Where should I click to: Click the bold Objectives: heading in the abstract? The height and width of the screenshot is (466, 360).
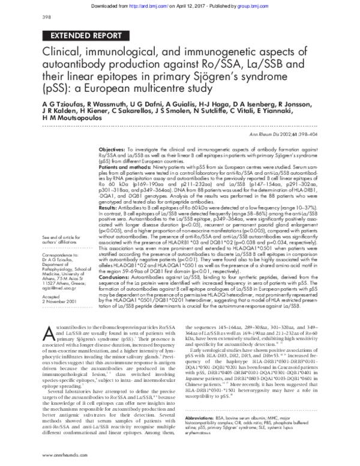tap(111, 148)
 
